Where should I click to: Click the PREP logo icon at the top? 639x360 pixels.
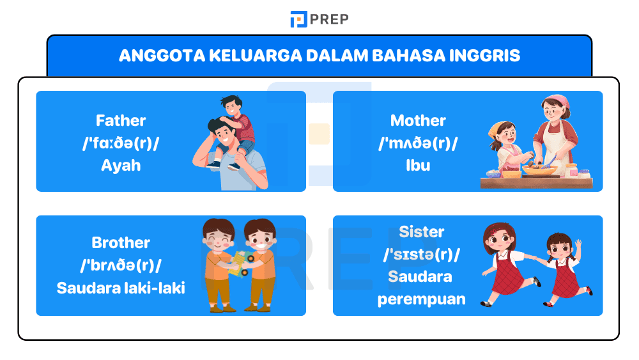click(x=298, y=19)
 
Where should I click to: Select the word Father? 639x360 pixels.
click(x=121, y=121)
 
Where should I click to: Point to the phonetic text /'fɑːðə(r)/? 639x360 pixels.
click(x=121, y=143)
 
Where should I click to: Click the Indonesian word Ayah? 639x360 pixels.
click(x=121, y=166)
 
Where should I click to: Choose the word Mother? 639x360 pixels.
click(x=418, y=121)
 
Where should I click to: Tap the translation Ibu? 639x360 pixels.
click(x=418, y=166)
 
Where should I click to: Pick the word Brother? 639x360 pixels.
click(x=121, y=243)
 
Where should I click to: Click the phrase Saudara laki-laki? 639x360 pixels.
click(x=121, y=288)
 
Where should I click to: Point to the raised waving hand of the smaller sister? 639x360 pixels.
click(x=578, y=244)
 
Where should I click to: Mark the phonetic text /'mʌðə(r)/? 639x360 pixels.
click(x=418, y=143)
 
